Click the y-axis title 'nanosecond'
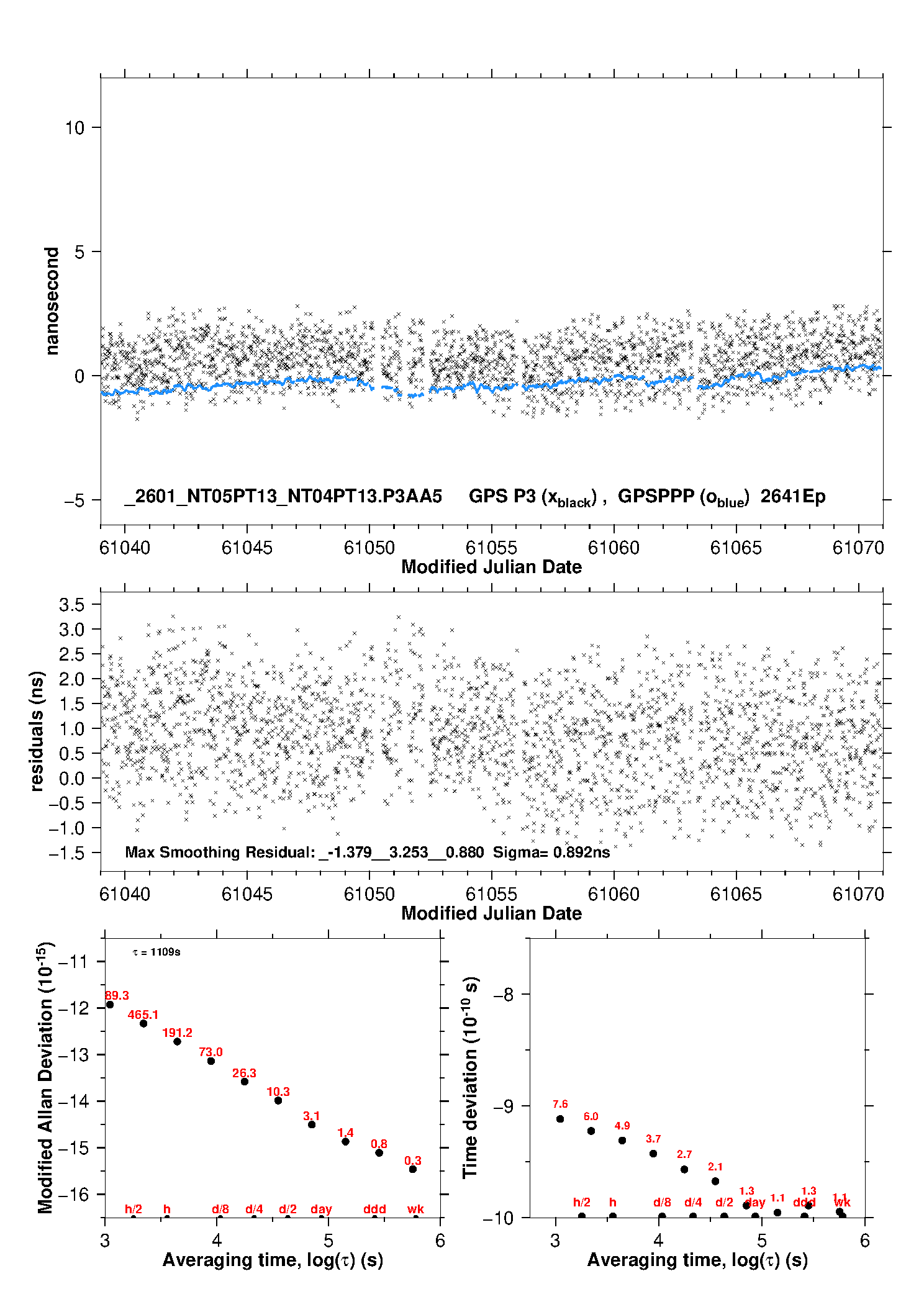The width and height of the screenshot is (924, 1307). (x=52, y=301)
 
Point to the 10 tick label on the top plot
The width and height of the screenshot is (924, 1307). (x=75, y=128)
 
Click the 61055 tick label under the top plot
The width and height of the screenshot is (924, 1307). (x=491, y=548)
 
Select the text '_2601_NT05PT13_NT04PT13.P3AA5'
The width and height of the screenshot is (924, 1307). (x=283, y=497)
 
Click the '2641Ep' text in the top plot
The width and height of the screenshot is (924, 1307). (x=793, y=497)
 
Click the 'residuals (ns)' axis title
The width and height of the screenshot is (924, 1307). (x=37, y=731)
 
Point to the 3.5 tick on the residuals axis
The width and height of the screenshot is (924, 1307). (x=71, y=605)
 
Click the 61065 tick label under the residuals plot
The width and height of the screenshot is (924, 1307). (x=736, y=894)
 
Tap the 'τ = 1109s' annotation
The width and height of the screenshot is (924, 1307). (x=156, y=952)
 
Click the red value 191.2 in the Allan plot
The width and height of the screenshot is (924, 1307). (x=177, y=1033)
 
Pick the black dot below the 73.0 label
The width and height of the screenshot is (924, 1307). (x=211, y=1061)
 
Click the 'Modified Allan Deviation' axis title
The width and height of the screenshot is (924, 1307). (x=45, y=1078)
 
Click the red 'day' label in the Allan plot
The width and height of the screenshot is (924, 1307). (x=321, y=1209)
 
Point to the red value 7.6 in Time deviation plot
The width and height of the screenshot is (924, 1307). (x=560, y=1104)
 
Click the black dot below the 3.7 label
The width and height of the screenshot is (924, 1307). (x=653, y=1154)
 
